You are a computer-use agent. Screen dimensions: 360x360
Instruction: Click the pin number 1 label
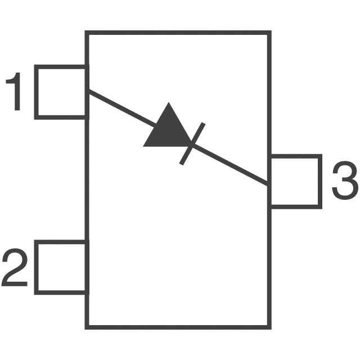click(15, 93)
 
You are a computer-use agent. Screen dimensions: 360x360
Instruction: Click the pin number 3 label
click(344, 181)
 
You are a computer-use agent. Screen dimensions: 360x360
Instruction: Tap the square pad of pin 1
click(61, 92)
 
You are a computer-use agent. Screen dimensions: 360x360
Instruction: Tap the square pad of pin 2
click(61, 267)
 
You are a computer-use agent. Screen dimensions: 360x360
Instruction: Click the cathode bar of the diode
click(192, 143)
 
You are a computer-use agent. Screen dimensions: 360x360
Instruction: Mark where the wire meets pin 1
click(88, 91)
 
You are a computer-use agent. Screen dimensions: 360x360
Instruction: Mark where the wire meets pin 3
click(269, 184)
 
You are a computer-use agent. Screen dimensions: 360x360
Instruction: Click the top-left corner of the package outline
click(87, 33)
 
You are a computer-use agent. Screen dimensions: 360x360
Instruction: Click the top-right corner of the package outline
click(269, 33)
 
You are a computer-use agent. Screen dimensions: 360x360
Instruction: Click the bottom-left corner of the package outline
click(87, 327)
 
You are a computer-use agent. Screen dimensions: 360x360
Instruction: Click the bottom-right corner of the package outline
click(269, 327)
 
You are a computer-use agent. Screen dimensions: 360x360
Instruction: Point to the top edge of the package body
click(178, 33)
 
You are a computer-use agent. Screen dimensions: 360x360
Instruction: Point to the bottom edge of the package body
click(178, 327)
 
